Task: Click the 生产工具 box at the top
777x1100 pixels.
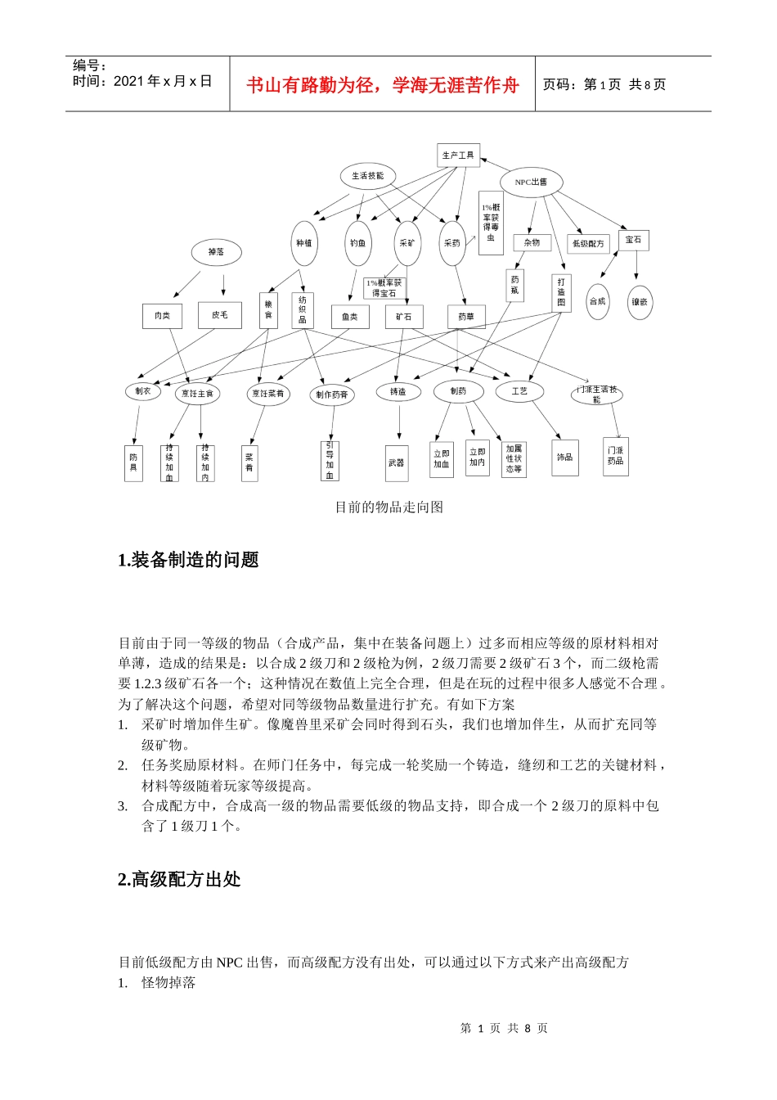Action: [458, 156]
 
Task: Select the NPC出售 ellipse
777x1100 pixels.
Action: [531, 183]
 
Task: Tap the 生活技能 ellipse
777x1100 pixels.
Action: [368, 176]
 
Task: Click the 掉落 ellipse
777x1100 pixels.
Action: [216, 252]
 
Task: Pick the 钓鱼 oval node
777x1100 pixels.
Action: [358, 243]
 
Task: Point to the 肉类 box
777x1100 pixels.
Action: [163, 315]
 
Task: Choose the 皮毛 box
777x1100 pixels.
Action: [220, 315]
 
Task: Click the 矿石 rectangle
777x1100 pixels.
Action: [404, 317]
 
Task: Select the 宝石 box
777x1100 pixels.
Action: [633, 240]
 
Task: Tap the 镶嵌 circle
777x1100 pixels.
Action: [639, 302]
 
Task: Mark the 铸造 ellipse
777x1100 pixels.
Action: [398, 392]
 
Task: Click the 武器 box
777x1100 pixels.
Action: [397, 462]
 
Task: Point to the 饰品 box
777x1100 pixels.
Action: [564, 458]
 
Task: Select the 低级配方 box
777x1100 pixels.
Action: [588, 243]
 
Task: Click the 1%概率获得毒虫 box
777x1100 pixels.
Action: [491, 223]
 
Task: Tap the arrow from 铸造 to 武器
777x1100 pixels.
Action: [399, 424]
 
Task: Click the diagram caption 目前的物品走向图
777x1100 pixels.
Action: [389, 507]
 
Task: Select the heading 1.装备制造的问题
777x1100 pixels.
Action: [189, 560]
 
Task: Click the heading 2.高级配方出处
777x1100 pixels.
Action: [180, 879]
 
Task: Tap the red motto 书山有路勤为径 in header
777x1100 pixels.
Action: [383, 85]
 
